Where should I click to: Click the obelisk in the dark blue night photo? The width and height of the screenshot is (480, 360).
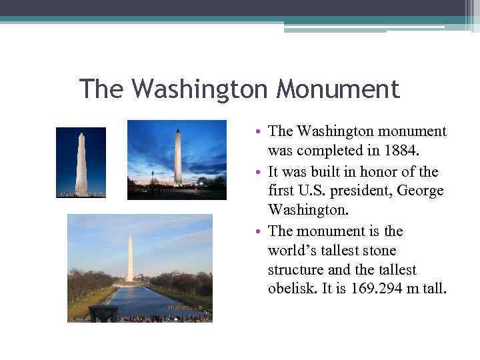point(81,163)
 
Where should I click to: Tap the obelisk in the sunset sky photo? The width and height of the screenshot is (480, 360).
point(177,157)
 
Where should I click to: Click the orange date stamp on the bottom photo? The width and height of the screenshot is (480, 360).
point(185,307)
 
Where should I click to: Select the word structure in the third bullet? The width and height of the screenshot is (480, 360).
point(298,270)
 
